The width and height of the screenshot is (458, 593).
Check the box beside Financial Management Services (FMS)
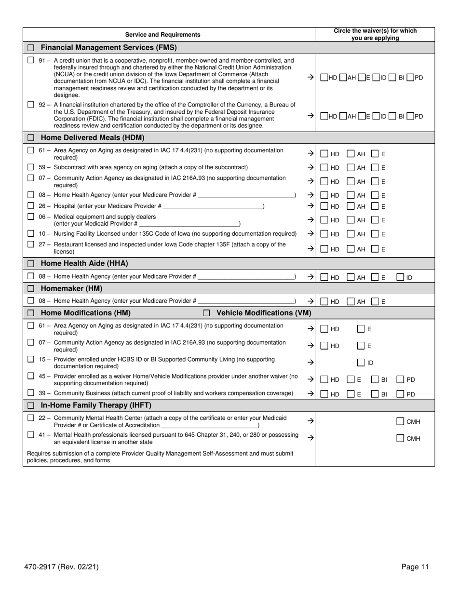pyautogui.click(x=31, y=48)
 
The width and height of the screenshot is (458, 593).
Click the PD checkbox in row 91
pyautogui.click(x=410, y=77)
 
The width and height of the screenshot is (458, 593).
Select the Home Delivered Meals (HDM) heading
pyautogui.click(x=93, y=137)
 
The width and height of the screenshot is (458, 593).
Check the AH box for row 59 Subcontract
pyautogui.click(x=351, y=167)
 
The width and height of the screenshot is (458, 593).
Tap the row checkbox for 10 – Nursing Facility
pyautogui.click(x=31, y=233)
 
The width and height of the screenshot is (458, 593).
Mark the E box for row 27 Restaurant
pyautogui.click(x=375, y=249)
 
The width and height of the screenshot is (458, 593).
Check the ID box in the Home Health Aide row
pyautogui.click(x=400, y=277)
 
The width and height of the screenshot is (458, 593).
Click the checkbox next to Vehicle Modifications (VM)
pyautogui.click(x=206, y=313)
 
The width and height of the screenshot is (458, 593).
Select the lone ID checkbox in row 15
pyautogui.click(x=361, y=363)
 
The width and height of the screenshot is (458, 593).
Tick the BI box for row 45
pyautogui.click(x=375, y=379)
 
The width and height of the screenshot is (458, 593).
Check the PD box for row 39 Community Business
pyautogui.click(x=400, y=394)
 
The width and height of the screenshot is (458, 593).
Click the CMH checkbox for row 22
pyautogui.click(x=400, y=421)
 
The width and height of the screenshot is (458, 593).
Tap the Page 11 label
pyautogui.click(x=415, y=567)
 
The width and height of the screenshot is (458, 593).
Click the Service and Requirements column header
pyautogui.click(x=162, y=35)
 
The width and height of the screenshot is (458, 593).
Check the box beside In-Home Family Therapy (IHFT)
pyautogui.click(x=31, y=405)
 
